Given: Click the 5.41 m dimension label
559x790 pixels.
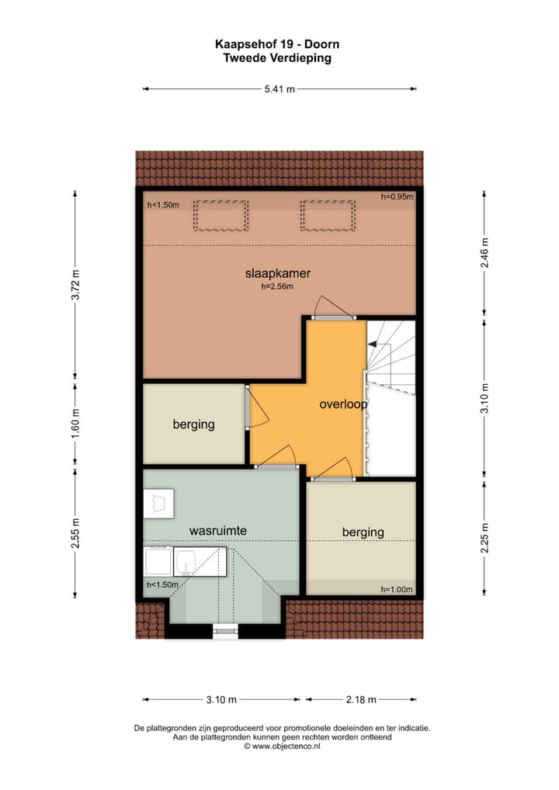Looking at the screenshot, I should click(279, 89).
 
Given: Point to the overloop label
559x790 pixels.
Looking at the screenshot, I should click(342, 405).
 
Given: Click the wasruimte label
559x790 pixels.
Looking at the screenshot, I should click(218, 530).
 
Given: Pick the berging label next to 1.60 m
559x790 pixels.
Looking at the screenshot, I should click(193, 424).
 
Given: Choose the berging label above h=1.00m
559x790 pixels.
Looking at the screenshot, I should click(363, 532).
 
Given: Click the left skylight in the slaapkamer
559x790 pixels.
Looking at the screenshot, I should click(220, 215).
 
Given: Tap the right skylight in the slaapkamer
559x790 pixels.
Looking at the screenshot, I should click(328, 215).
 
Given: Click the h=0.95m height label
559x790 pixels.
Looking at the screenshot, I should click(397, 197).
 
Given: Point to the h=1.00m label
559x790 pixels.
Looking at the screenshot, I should click(397, 589).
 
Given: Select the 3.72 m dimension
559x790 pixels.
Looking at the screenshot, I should click(75, 284).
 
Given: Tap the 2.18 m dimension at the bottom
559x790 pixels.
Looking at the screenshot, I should click(360, 700).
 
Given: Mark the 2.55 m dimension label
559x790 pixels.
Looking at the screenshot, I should click(75, 533).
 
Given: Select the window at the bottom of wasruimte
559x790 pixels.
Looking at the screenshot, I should click(225, 630).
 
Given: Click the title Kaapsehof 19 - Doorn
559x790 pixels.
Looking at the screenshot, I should click(277, 45).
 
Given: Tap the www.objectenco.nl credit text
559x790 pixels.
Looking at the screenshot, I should click(283, 747).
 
